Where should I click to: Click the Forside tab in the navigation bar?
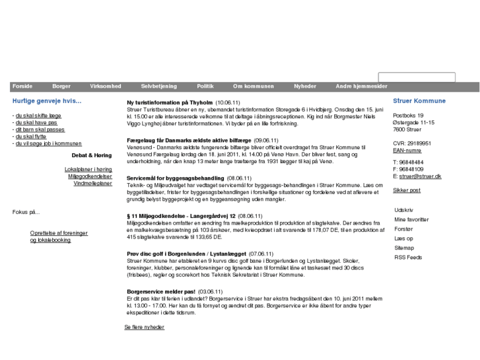tap(22, 87)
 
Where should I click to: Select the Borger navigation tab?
tap(61, 87)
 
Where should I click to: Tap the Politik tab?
tap(205, 87)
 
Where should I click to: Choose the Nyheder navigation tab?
tap(305, 87)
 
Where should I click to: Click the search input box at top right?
tap(407, 78)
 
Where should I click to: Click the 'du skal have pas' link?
tap(36, 122)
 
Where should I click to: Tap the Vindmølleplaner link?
tap(92, 183)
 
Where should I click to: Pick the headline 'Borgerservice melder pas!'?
tap(160, 291)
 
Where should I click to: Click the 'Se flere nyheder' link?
tap(144, 327)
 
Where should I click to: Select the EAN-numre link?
tap(407, 150)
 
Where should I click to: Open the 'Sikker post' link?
tap(407, 190)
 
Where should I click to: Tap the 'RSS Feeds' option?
tap(407, 257)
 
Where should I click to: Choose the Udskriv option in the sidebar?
tap(403, 209)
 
